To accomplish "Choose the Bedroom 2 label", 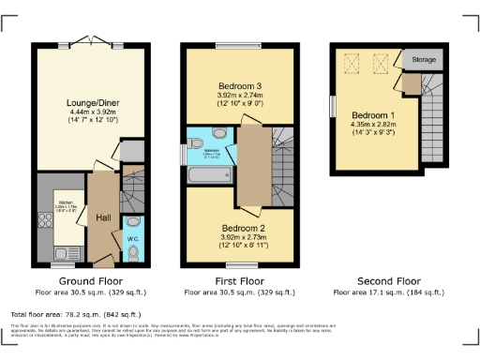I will (x=244, y=227).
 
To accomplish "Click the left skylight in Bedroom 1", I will (x=353, y=64).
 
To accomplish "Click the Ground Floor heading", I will (x=91, y=280).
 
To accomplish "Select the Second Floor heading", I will (x=387, y=280).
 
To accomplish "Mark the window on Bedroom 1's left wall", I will (x=332, y=105).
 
